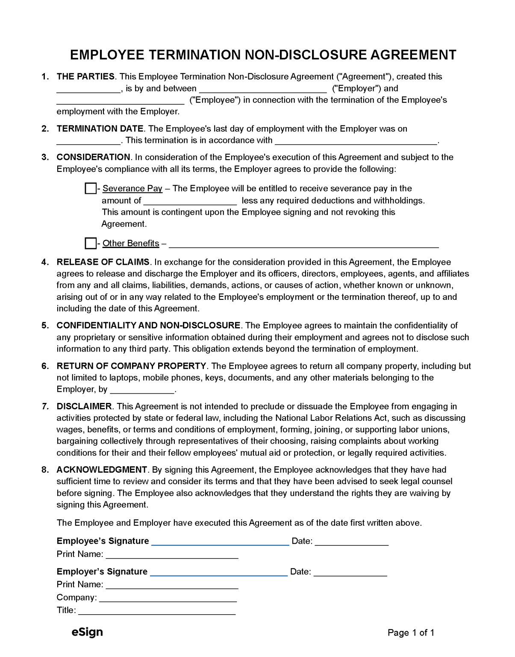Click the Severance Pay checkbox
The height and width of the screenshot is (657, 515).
click(91, 188)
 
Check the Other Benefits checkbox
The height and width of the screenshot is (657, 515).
click(91, 243)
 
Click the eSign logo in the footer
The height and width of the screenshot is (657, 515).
click(87, 632)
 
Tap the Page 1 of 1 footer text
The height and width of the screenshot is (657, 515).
click(411, 633)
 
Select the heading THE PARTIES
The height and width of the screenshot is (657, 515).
click(85, 77)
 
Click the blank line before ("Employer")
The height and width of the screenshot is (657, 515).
click(263, 89)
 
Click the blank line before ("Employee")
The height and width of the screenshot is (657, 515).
click(121, 101)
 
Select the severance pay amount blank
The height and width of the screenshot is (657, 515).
click(190, 201)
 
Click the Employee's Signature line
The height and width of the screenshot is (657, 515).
click(220, 542)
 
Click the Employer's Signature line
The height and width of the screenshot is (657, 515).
click(219, 573)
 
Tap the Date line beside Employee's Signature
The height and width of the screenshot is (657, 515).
click(351, 542)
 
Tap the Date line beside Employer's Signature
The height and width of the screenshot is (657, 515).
click(350, 573)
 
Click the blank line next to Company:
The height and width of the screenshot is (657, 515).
click(168, 598)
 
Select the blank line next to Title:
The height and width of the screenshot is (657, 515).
click(156, 611)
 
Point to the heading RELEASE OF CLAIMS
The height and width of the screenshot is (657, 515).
click(103, 262)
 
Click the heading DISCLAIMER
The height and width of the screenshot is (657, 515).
click(84, 406)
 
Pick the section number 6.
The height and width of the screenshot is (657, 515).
click(45, 366)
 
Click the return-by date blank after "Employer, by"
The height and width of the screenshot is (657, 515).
click(142, 390)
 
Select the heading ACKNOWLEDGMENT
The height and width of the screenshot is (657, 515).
click(102, 469)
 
